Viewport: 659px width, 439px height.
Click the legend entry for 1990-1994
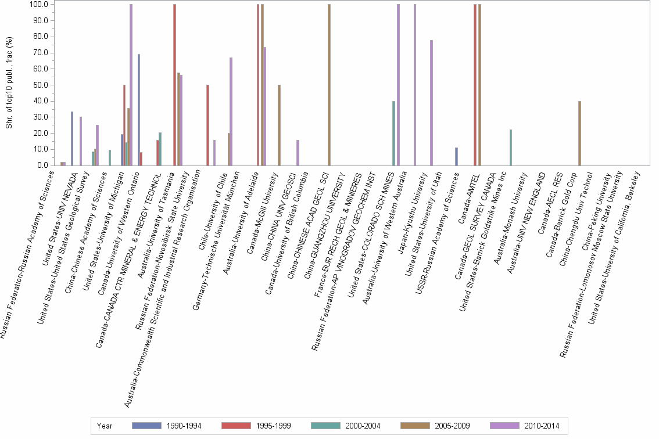pos(167,426)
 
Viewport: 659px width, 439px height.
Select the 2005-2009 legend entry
pos(435,426)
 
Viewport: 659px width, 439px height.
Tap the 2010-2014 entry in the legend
pos(525,426)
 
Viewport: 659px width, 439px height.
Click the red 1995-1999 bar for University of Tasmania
pos(174,85)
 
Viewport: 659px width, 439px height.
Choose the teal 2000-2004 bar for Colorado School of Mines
pos(394,133)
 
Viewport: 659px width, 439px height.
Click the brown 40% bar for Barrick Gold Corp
pos(580,133)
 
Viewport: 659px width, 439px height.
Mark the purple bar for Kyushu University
pos(431,103)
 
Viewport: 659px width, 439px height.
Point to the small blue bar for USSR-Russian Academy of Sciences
pos(457,156)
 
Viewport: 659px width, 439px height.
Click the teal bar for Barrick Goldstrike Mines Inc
pos(510,147)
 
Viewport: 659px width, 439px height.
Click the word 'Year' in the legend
pos(105,426)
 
